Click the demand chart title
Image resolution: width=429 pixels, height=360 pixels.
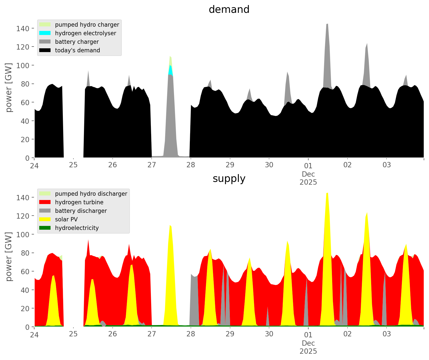[x=229, y=10]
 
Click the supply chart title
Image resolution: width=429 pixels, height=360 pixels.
[x=229, y=179]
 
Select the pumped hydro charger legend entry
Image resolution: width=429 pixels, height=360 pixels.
[x=87, y=25]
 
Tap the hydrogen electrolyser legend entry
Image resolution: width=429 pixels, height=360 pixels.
[x=85, y=33]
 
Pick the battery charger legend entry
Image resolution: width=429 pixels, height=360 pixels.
[x=77, y=42]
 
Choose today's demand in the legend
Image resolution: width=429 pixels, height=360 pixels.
[x=77, y=50]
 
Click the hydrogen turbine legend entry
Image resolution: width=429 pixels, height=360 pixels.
[x=79, y=202]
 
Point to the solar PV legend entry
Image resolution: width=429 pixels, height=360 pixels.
[x=66, y=219]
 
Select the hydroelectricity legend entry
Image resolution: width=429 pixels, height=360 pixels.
[x=77, y=228]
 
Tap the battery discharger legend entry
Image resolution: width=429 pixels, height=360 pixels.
[x=81, y=211]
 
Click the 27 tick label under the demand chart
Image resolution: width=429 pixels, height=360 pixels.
[x=152, y=165]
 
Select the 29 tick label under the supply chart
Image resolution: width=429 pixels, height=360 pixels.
[x=230, y=334]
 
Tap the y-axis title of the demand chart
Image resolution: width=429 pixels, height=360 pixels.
[x=9, y=88]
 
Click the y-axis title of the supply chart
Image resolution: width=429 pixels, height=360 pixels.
[x=9, y=257]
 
